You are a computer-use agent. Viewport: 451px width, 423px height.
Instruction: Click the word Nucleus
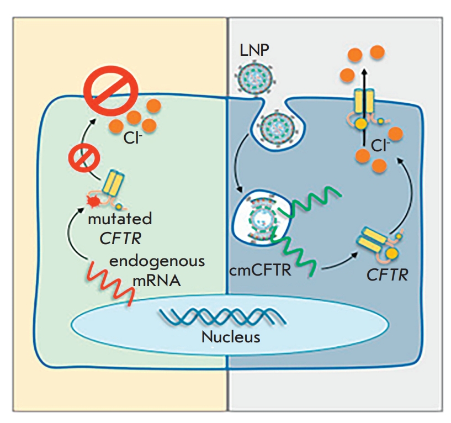(x=230, y=336)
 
